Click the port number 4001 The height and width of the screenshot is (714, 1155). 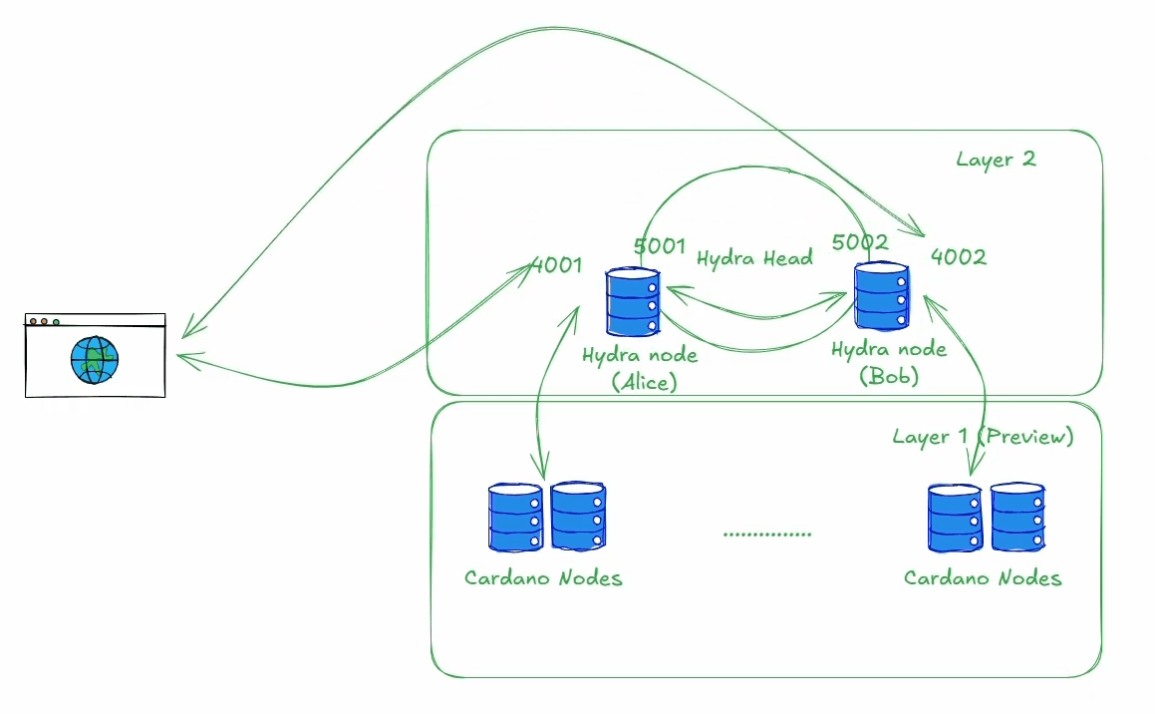557,266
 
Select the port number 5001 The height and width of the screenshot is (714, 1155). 660,245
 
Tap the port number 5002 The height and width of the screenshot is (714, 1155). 859,242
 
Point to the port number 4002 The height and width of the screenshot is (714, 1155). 959,256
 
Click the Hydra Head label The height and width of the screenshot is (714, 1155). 754,258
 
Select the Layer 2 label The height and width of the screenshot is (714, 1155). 996,159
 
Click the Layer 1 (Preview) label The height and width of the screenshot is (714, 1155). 983,437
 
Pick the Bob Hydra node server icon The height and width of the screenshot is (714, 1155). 881,295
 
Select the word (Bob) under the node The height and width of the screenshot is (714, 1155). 888,377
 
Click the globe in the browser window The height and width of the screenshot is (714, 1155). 95,359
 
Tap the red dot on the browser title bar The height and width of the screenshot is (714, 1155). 33,321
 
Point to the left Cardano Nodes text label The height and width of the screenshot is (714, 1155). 543,578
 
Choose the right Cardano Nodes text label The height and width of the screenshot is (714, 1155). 983,578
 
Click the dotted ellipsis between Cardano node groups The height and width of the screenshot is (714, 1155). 766,535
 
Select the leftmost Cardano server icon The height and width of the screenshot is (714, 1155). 514,517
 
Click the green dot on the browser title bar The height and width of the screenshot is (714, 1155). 56,321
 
